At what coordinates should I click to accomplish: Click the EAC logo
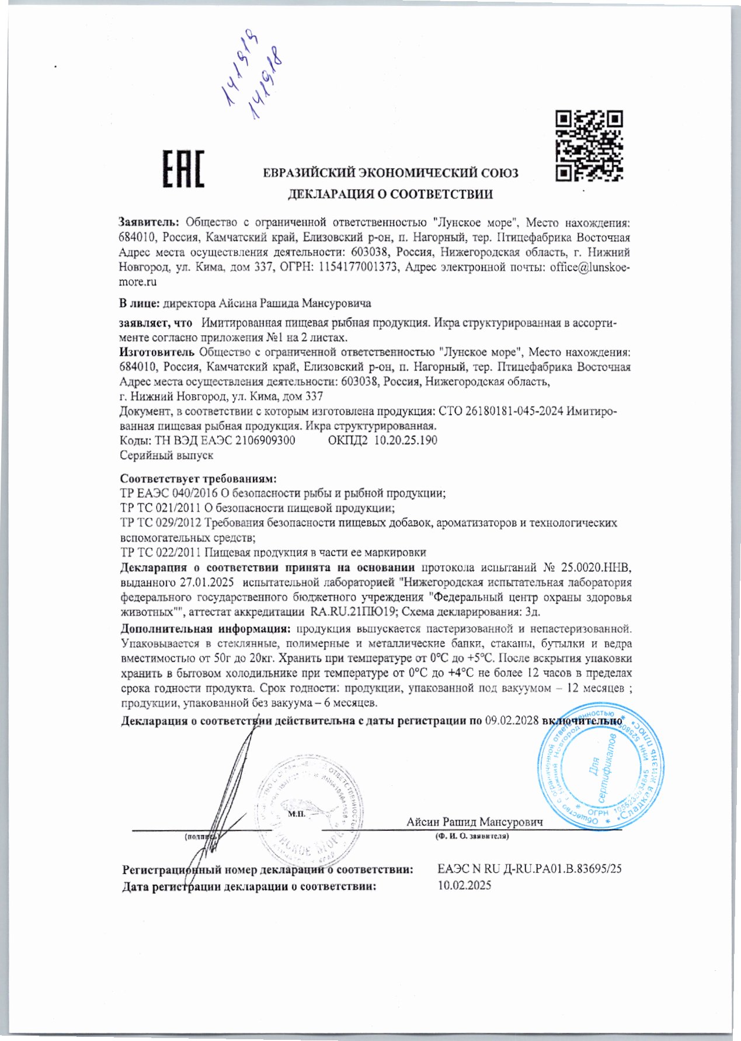183,169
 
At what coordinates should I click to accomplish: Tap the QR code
589,144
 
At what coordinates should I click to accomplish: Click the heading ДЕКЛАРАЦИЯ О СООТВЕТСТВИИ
391,194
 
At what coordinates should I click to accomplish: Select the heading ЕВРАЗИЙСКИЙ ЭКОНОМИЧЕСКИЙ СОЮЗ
391,173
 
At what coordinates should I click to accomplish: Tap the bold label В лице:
140,304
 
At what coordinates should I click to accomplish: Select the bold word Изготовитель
156,352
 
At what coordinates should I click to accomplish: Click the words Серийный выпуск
166,455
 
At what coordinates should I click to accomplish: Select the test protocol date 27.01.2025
207,582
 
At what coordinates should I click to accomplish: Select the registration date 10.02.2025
464,885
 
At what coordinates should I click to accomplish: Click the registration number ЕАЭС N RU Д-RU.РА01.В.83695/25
529,869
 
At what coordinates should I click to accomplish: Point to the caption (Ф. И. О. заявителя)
471,837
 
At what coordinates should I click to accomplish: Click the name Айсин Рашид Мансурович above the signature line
474,822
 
